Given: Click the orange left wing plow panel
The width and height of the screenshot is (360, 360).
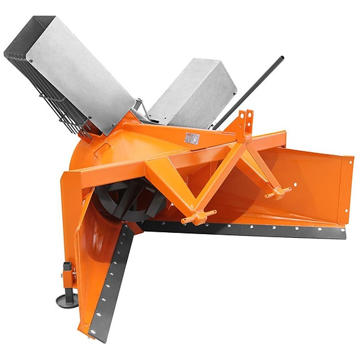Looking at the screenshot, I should click(94, 263).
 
